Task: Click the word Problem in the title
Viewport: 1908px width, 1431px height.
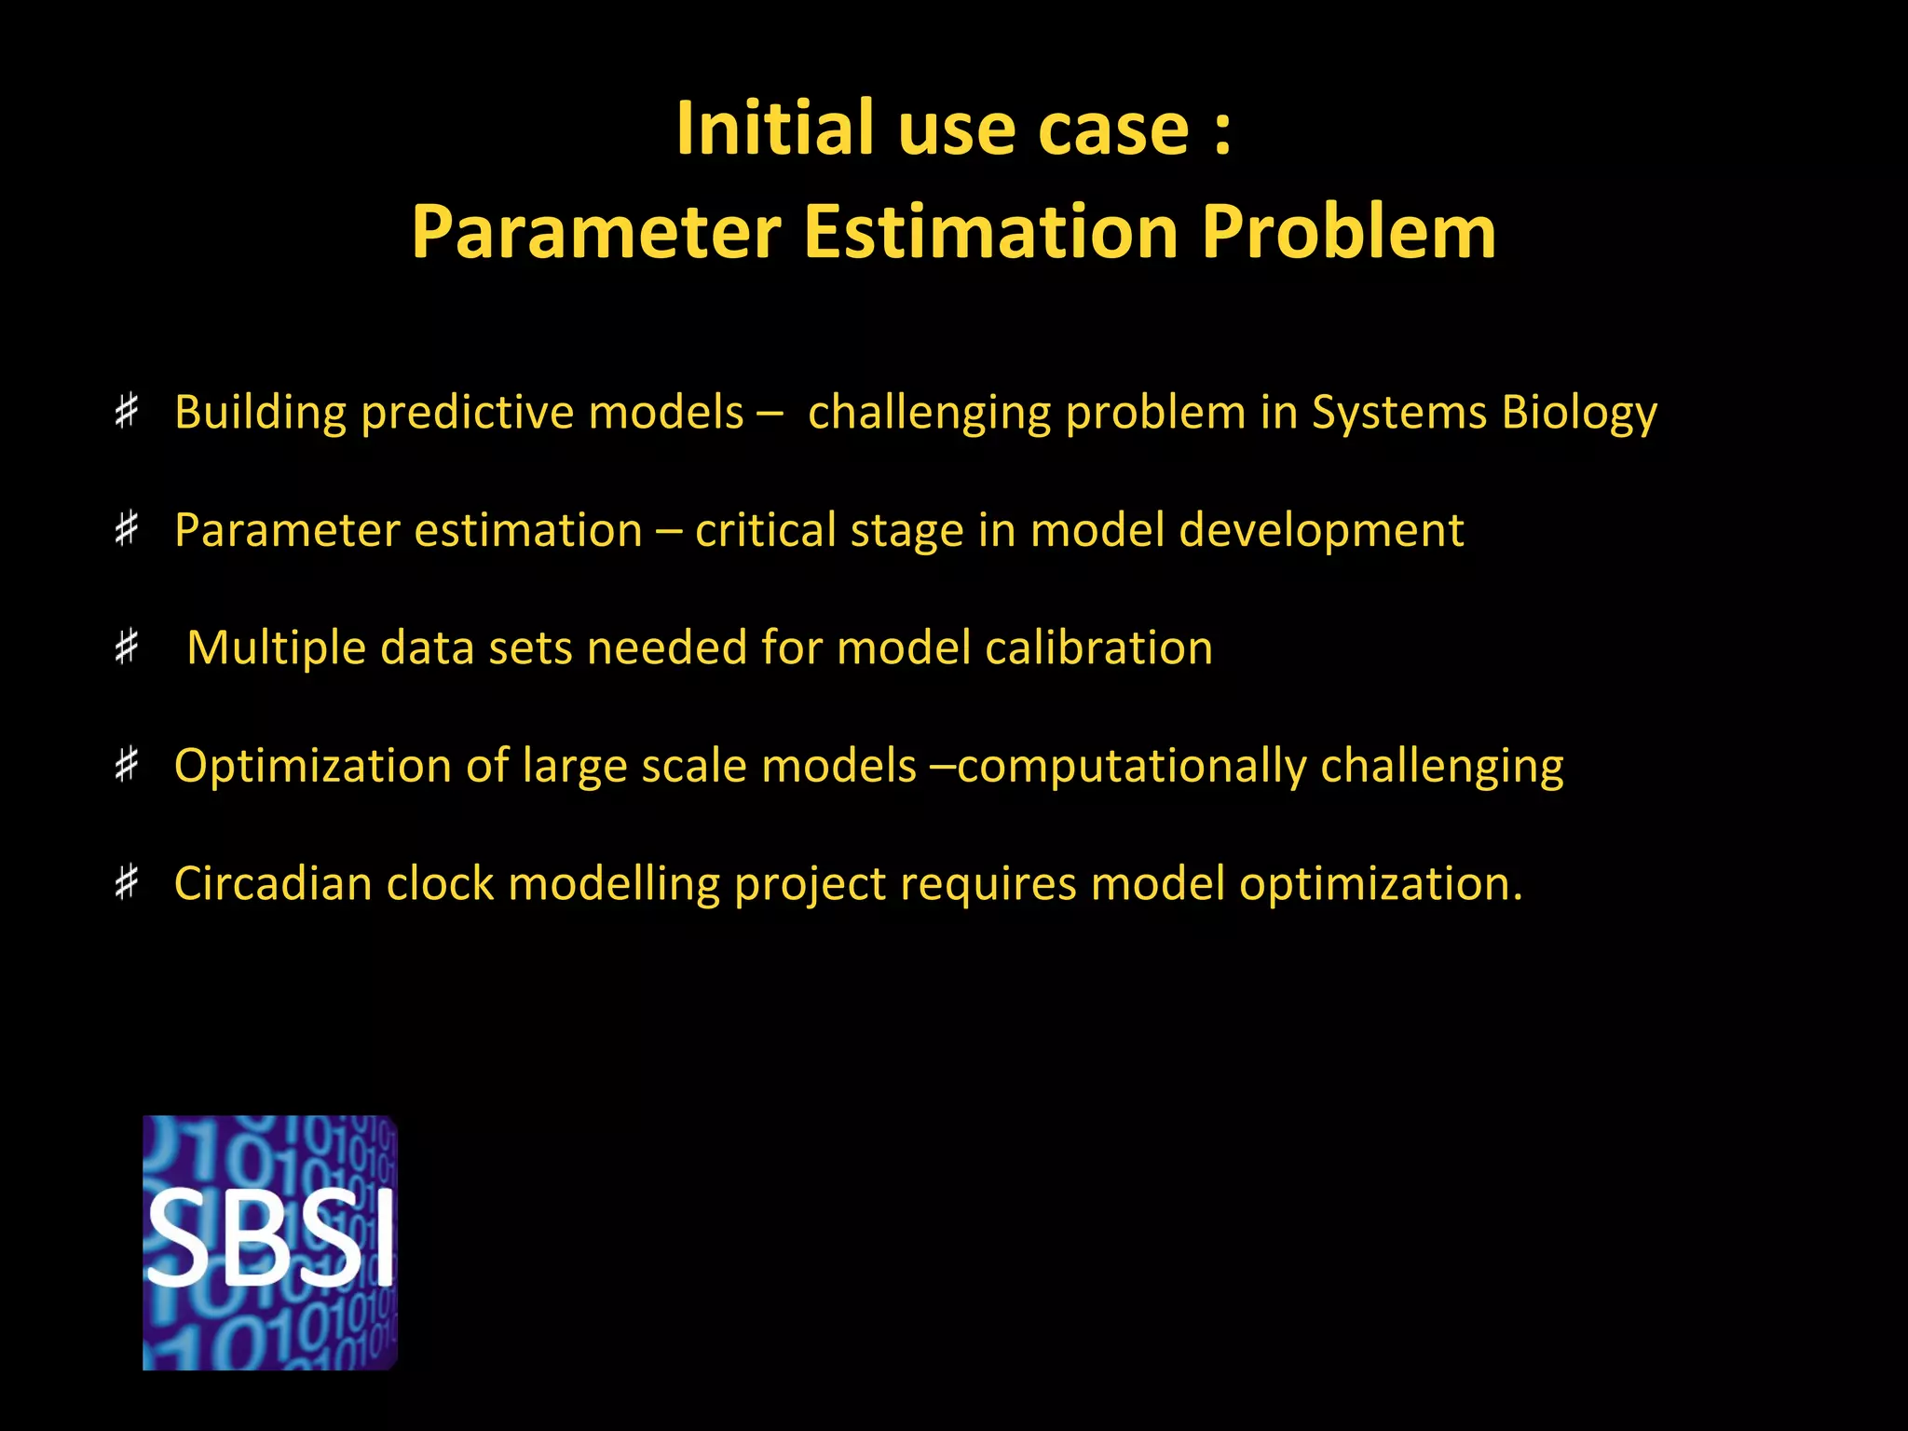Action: [x=1348, y=232]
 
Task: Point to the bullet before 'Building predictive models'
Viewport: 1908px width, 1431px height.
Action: [x=127, y=411]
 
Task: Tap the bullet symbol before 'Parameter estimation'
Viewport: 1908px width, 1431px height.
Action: [x=127, y=529]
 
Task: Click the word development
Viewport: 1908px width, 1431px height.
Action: [x=1321, y=532]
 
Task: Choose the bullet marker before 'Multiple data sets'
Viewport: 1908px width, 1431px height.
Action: [x=127, y=647]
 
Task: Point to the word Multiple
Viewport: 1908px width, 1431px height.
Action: [x=277, y=648]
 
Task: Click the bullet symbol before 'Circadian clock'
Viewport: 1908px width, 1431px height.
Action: [x=127, y=882]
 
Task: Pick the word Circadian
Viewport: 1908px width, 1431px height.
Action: [x=273, y=883]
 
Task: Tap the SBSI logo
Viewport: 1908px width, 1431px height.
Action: [x=270, y=1242]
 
